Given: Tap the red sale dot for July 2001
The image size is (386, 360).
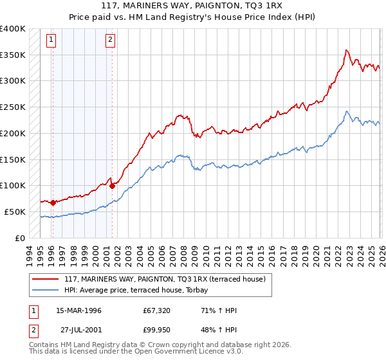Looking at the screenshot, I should tap(112, 186).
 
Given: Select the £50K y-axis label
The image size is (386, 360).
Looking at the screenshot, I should tap(15, 212).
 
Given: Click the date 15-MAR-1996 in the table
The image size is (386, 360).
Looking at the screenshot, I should tap(78, 310).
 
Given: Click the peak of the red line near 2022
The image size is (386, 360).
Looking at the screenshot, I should tap(346, 50).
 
